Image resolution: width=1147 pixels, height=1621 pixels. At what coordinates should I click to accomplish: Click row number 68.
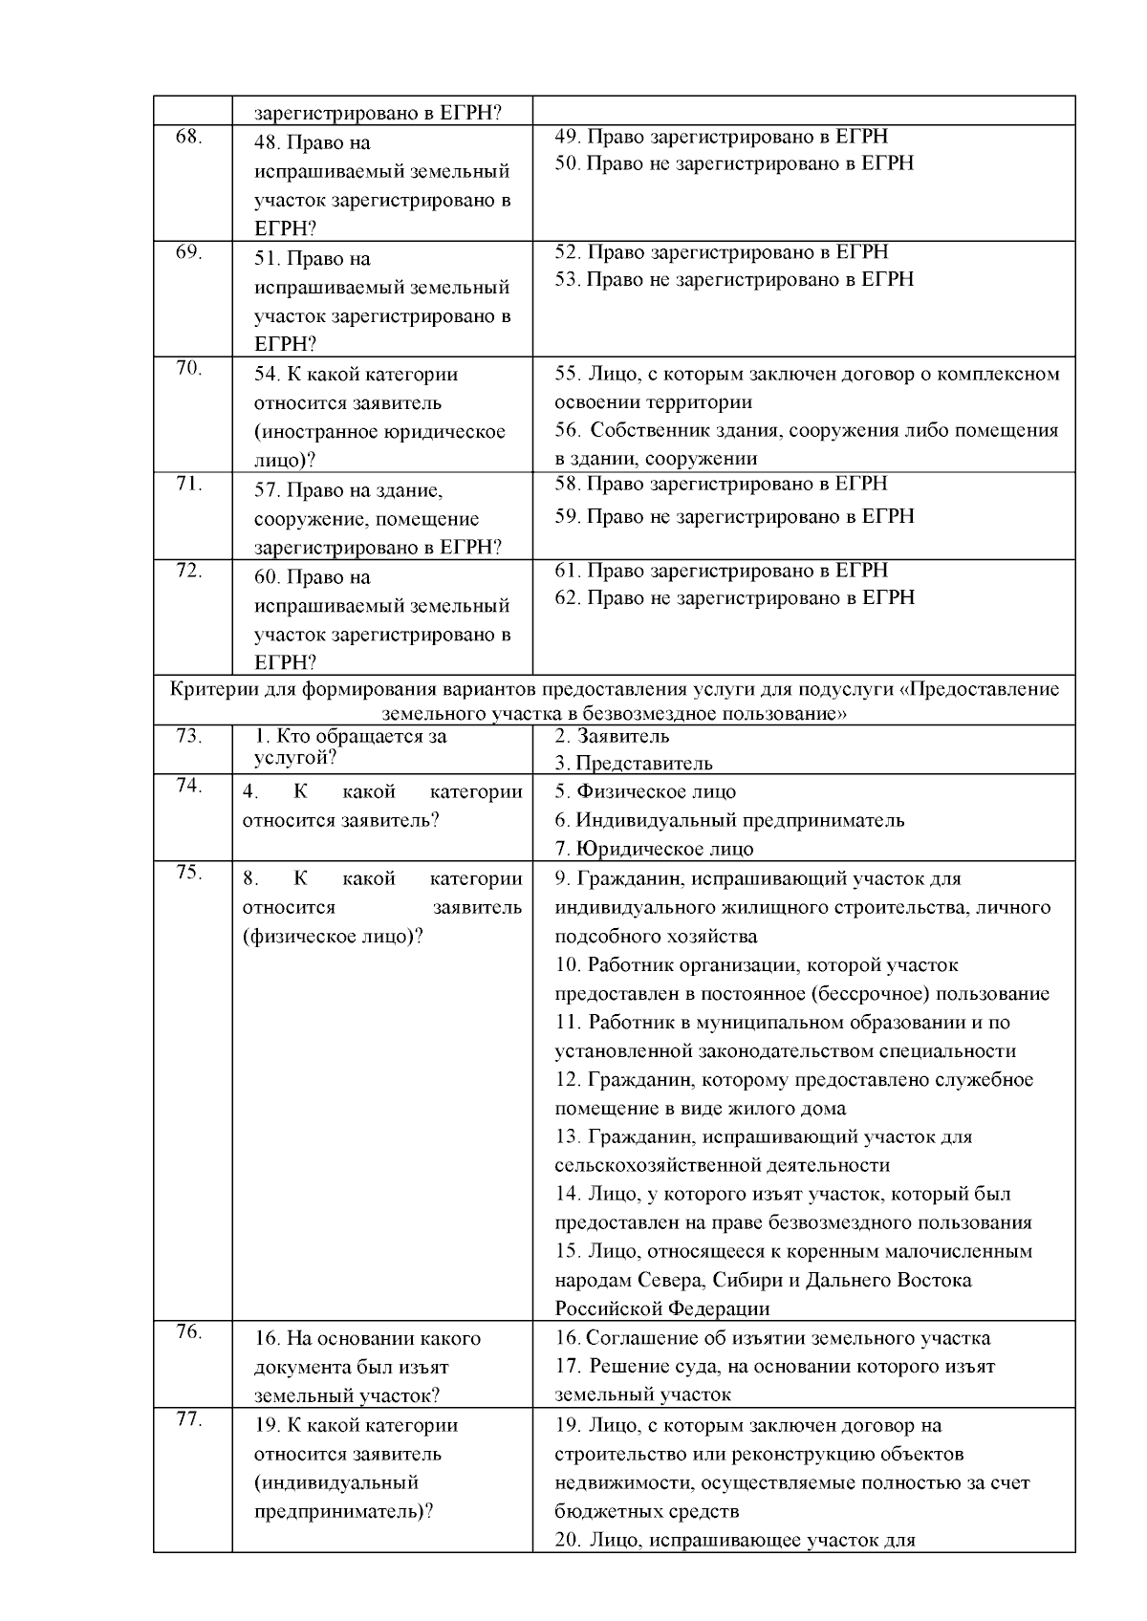pyautogui.click(x=188, y=137)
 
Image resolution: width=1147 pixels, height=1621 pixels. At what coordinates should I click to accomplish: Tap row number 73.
pyautogui.click(x=188, y=735)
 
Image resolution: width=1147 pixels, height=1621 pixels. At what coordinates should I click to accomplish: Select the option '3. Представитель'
pyautogui.click(x=634, y=763)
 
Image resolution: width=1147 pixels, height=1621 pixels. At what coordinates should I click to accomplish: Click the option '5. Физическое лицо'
pyautogui.click(x=645, y=791)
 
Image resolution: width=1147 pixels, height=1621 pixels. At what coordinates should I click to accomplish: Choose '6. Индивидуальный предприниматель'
pyautogui.click(x=729, y=820)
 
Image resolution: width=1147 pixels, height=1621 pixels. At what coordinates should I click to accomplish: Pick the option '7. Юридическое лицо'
pyautogui.click(x=654, y=849)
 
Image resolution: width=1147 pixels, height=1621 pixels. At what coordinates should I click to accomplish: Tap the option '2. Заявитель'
pyautogui.click(x=612, y=736)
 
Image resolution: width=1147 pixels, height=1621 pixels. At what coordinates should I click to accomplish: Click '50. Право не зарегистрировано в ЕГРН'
pyautogui.click(x=734, y=163)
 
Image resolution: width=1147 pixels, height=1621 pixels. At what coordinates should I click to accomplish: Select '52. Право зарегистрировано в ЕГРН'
pyautogui.click(x=722, y=251)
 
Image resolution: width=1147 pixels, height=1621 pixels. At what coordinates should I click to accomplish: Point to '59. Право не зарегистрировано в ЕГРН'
pyautogui.click(x=734, y=516)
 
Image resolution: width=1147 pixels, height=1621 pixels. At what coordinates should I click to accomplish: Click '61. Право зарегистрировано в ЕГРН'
pyautogui.click(x=722, y=571)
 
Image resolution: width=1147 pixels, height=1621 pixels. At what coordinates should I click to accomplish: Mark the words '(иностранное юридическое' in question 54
pyautogui.click(x=379, y=432)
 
